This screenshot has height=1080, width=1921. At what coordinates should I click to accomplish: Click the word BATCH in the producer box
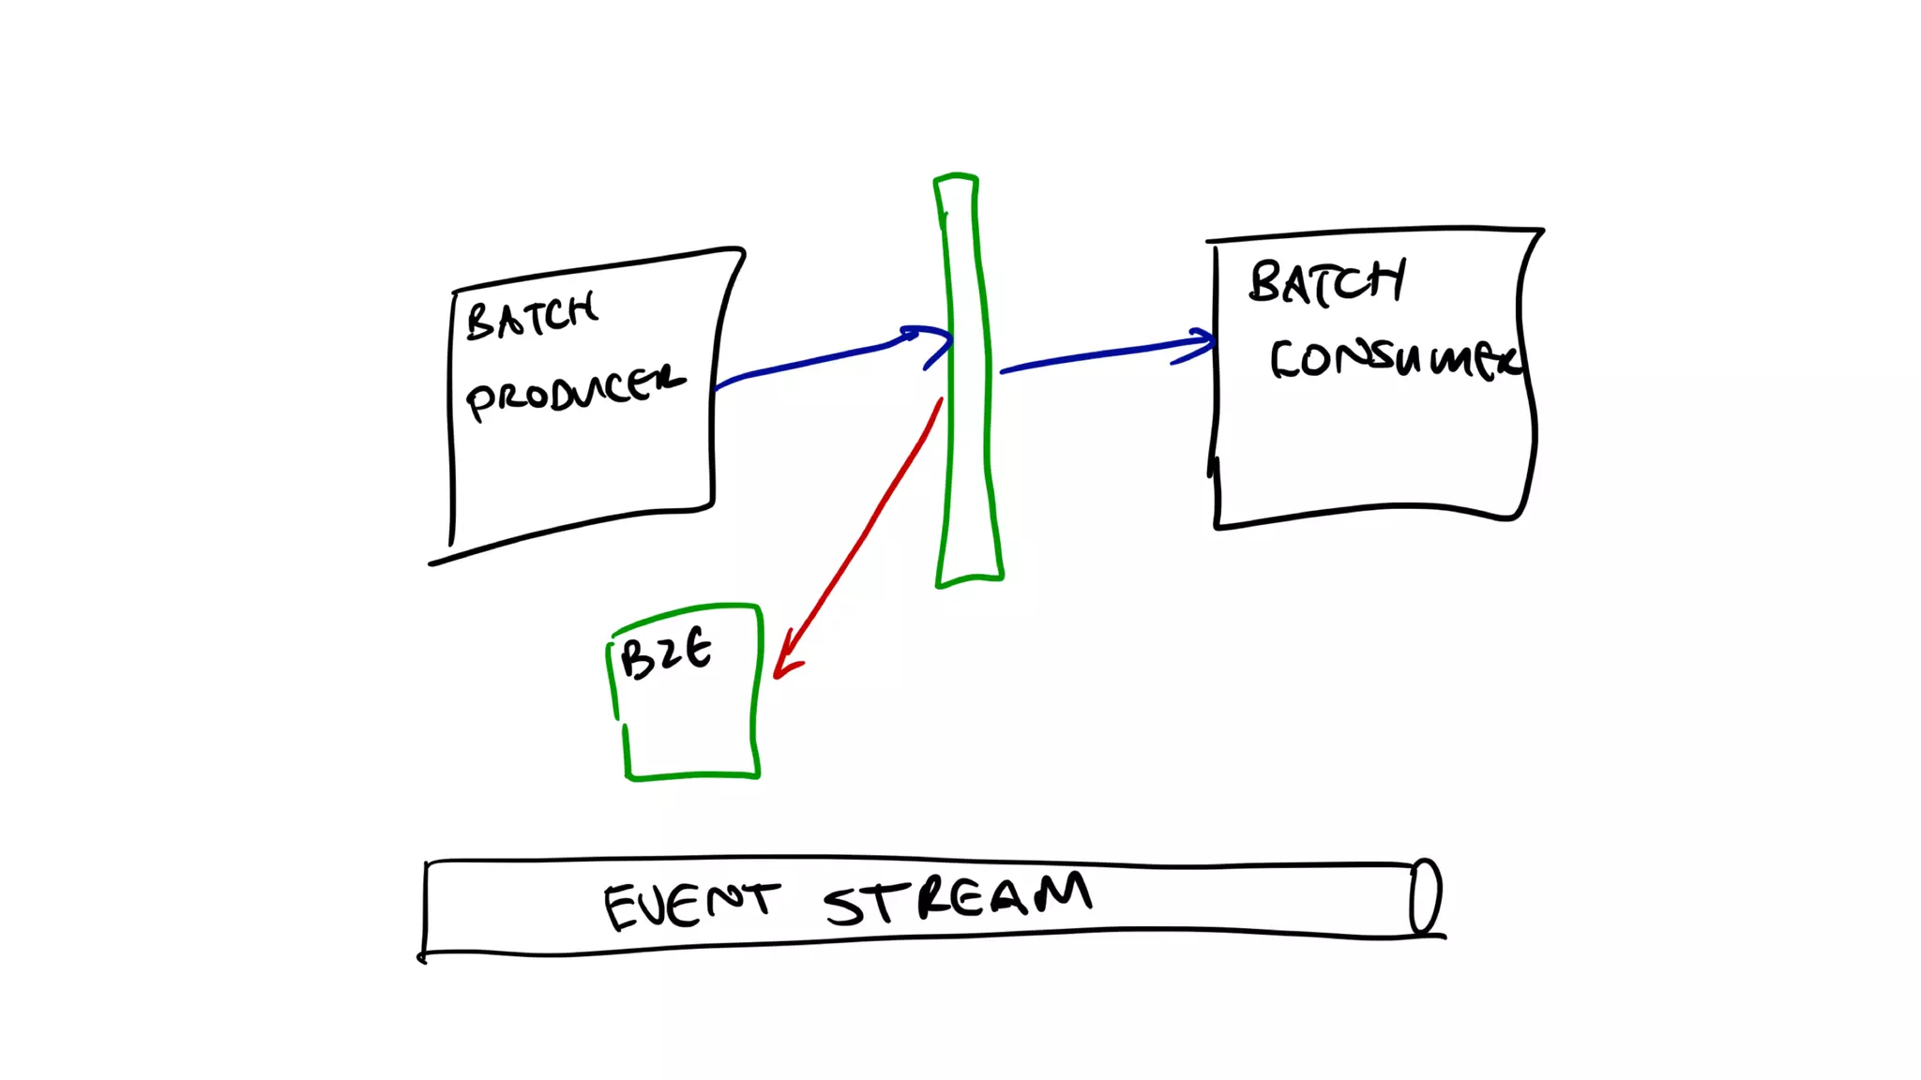coord(531,317)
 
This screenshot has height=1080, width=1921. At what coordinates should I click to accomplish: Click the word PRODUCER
coord(574,391)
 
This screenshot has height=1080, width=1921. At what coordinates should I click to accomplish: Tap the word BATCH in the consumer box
coord(1326,281)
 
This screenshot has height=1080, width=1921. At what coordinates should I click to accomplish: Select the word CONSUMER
coord(1394,358)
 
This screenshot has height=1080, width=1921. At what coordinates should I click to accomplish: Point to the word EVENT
coord(690,905)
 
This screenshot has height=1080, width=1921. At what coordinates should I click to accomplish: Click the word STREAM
coord(957,897)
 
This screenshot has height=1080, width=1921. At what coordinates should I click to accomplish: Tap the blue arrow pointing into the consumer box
coord(1097,355)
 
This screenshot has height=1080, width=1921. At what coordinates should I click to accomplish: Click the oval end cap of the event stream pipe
coord(1425,896)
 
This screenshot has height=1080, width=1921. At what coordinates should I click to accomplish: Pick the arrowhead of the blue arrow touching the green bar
coord(934,341)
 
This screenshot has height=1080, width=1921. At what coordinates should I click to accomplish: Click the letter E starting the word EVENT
coord(622,908)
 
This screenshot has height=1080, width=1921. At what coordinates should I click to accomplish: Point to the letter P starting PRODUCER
coord(480,401)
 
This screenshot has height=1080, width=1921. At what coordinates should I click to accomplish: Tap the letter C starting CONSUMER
coord(1285,360)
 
